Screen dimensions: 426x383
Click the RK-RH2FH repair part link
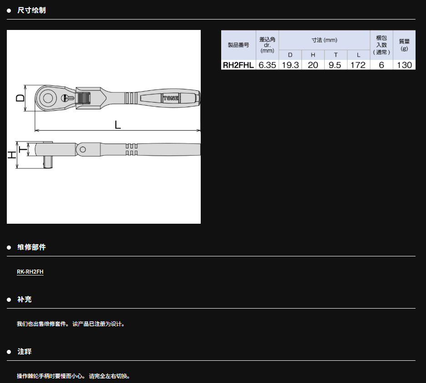click(30, 272)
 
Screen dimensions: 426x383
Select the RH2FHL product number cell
click(238, 65)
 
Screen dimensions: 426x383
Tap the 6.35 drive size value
click(267, 65)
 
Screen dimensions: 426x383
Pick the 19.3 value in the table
click(290, 65)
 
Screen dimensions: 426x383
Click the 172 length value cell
click(358, 65)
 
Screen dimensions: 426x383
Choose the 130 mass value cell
click(404, 65)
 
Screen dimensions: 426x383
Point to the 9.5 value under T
click(335, 65)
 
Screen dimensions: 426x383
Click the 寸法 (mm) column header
click(324, 40)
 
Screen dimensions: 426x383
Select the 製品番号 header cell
click(238, 45)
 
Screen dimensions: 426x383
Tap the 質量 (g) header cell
click(404, 45)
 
